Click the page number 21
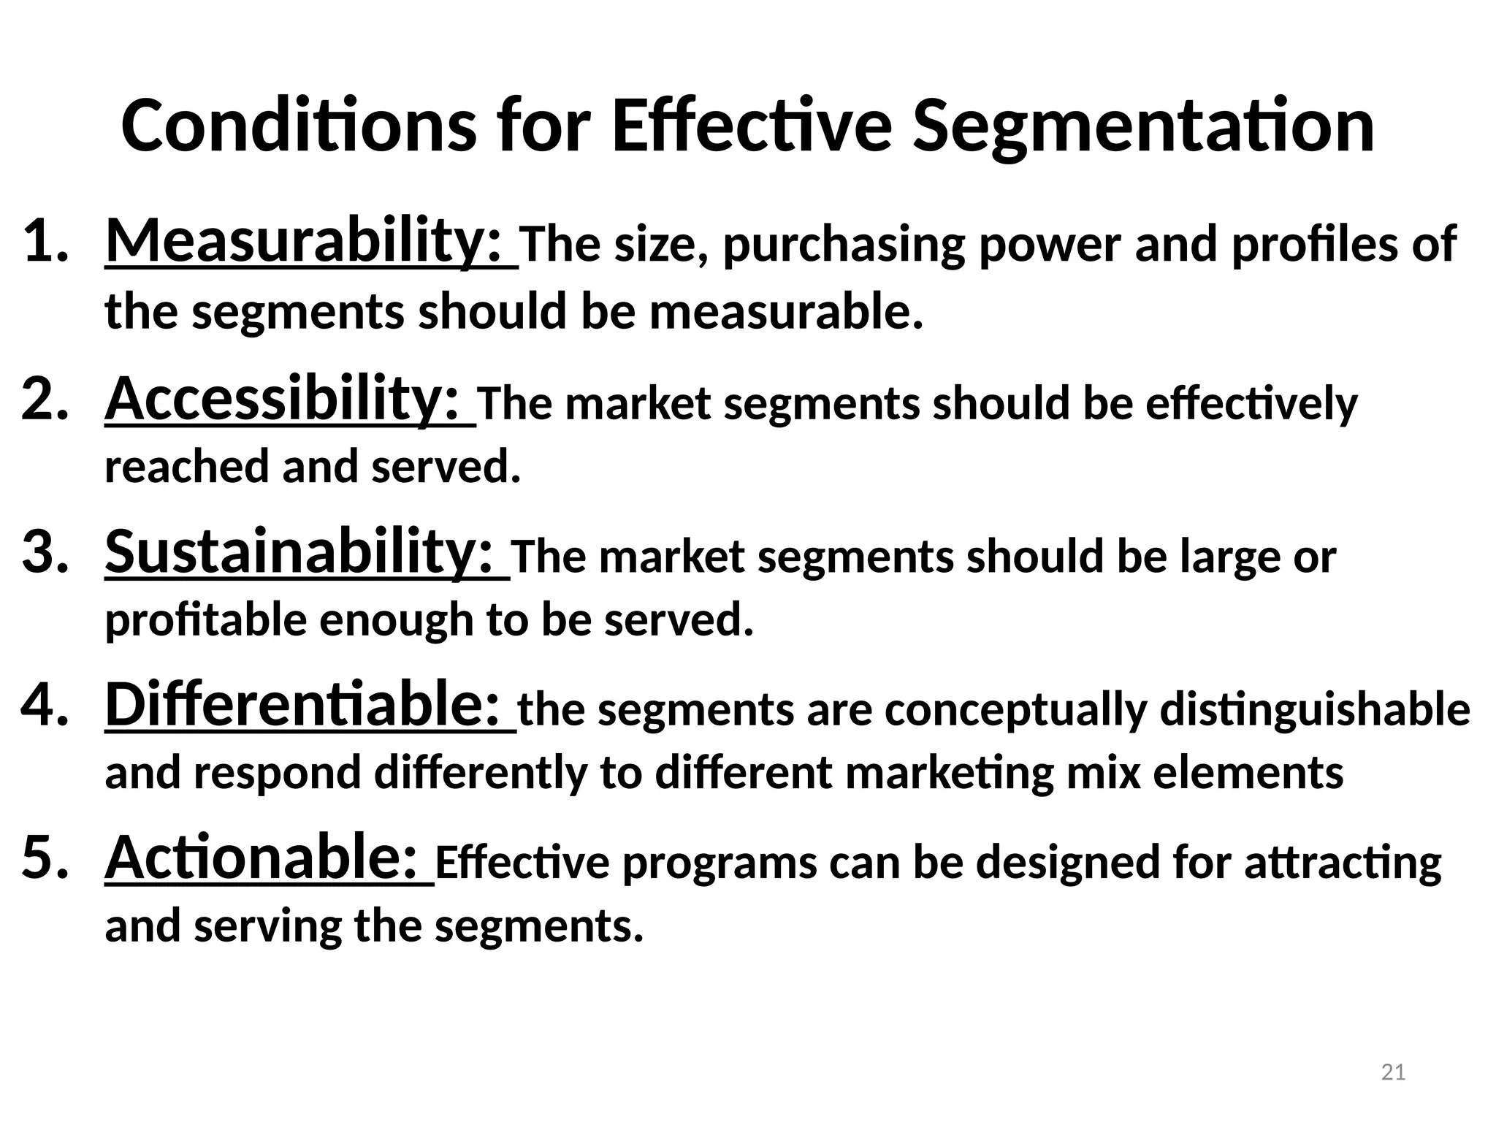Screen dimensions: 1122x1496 click(1394, 1072)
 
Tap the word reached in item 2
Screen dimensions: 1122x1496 click(186, 467)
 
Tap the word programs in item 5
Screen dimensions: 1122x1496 click(720, 865)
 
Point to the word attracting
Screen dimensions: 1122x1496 click(1343, 863)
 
